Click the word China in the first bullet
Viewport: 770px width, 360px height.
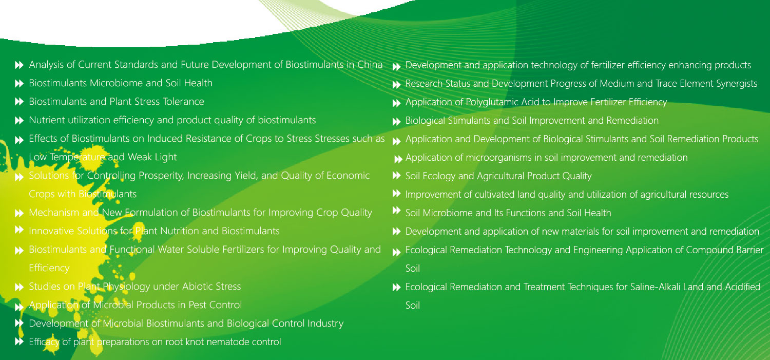370,65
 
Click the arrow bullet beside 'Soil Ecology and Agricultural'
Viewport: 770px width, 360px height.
397,176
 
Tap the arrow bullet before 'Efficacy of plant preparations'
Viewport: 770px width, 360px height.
20,342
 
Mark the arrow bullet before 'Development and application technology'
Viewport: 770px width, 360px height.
397,67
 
